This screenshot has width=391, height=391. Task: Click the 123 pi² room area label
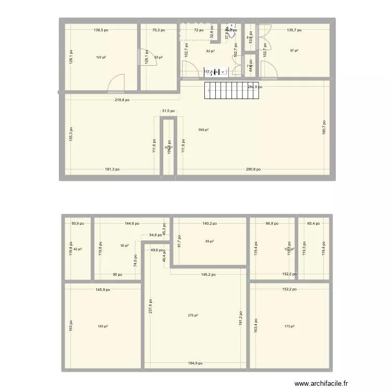pyautogui.click(x=101, y=58)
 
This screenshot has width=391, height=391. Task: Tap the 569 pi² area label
pyautogui.click(x=203, y=130)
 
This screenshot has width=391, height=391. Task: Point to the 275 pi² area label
pyautogui.click(x=193, y=315)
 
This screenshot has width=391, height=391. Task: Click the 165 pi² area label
pyautogui.click(x=103, y=326)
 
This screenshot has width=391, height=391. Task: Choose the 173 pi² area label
pyautogui.click(x=290, y=326)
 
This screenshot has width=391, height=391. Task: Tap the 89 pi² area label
pyautogui.click(x=210, y=241)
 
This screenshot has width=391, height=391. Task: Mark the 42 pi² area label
pyautogui.click(x=78, y=249)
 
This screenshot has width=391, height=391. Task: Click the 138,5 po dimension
pyautogui.click(x=101, y=30)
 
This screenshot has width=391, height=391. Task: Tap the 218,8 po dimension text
pyautogui.click(x=122, y=100)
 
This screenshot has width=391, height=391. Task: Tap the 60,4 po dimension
pyautogui.click(x=313, y=223)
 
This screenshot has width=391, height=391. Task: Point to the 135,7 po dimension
pyautogui.click(x=294, y=30)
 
